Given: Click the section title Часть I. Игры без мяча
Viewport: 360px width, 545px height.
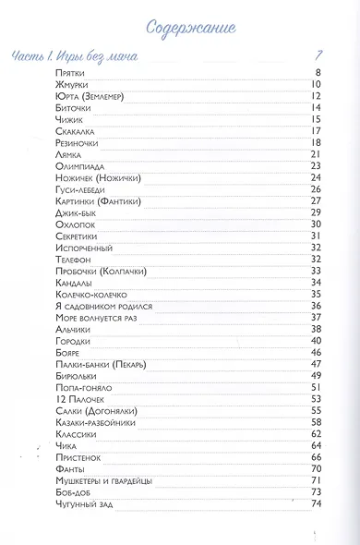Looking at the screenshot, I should click(x=75, y=56).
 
